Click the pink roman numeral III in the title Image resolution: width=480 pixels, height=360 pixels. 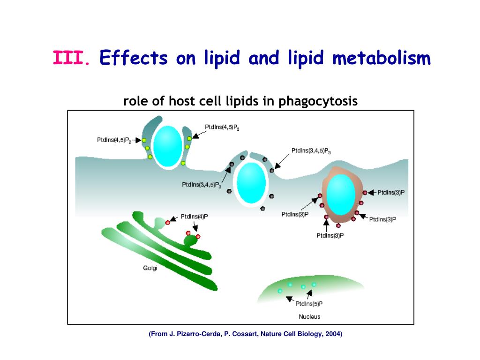(x=69, y=59)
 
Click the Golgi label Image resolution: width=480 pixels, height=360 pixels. (x=150, y=268)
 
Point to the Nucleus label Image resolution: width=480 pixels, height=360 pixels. (x=309, y=316)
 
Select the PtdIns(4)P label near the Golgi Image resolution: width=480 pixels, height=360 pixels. (x=195, y=217)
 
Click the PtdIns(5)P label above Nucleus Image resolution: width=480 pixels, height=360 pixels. (x=309, y=303)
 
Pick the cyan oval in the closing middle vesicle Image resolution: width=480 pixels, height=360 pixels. (x=251, y=183)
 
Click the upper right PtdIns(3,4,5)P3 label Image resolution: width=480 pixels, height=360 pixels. (x=311, y=150)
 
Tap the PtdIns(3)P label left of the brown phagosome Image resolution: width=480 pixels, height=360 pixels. (x=295, y=214)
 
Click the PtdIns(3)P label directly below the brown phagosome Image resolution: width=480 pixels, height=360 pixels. (x=330, y=235)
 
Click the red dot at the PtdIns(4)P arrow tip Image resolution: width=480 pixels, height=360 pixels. (x=167, y=222)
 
